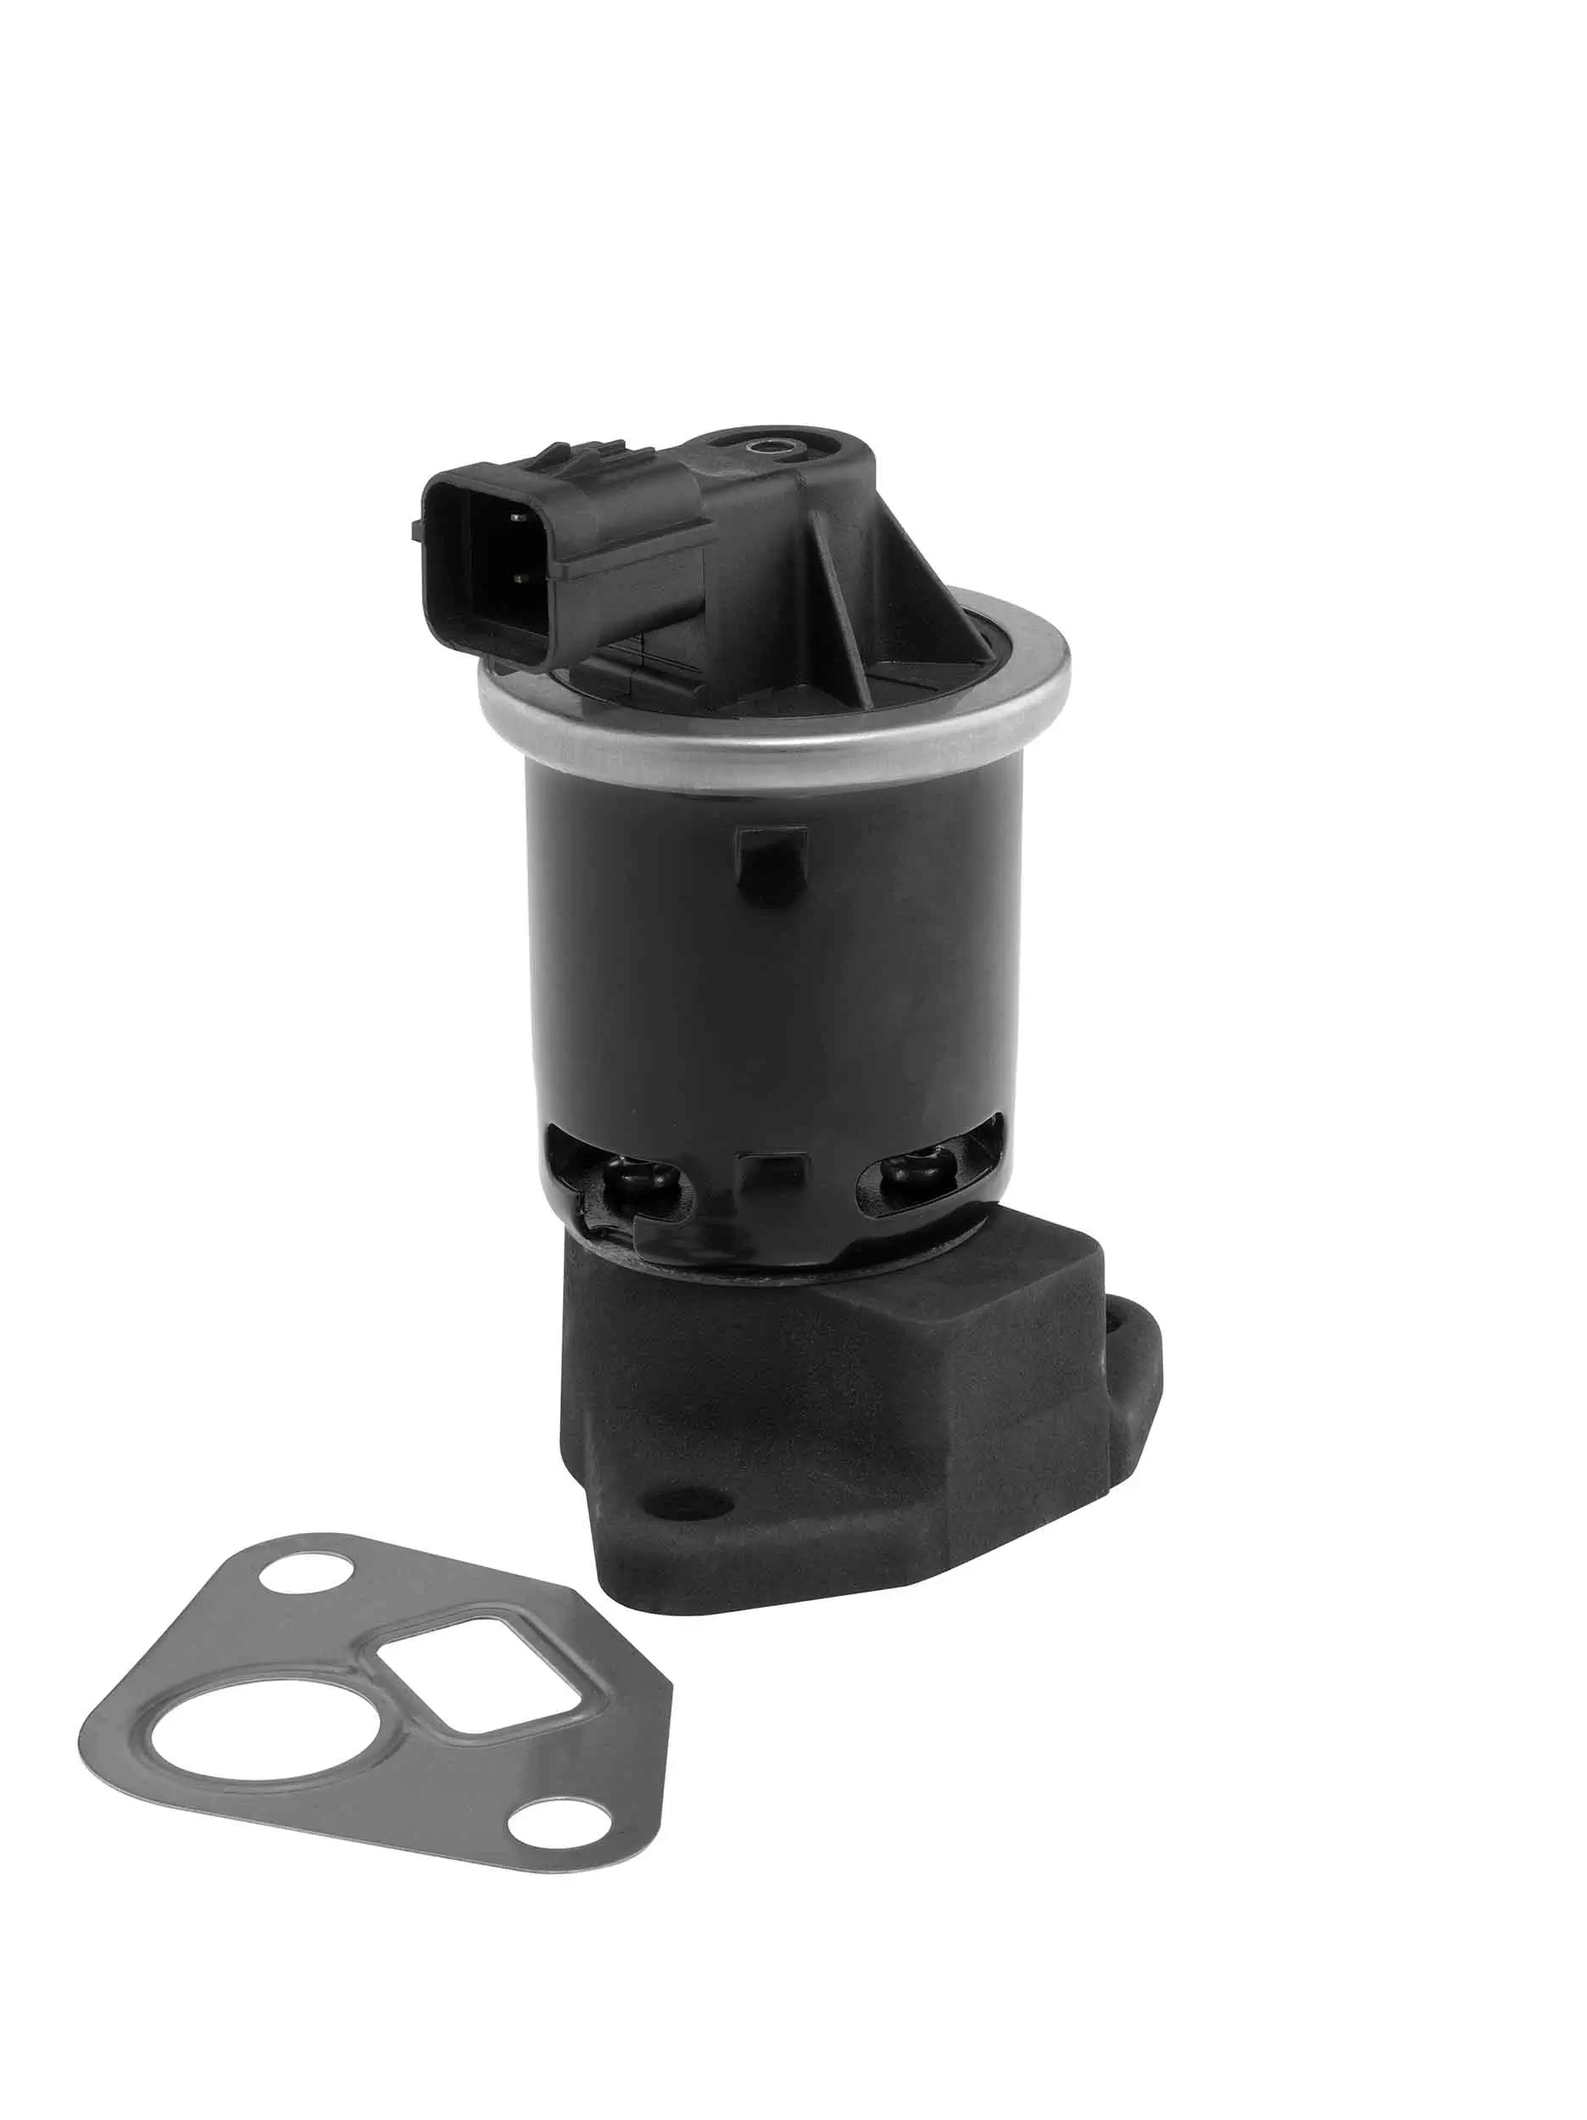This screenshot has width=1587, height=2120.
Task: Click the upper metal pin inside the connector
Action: click(x=519, y=518)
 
